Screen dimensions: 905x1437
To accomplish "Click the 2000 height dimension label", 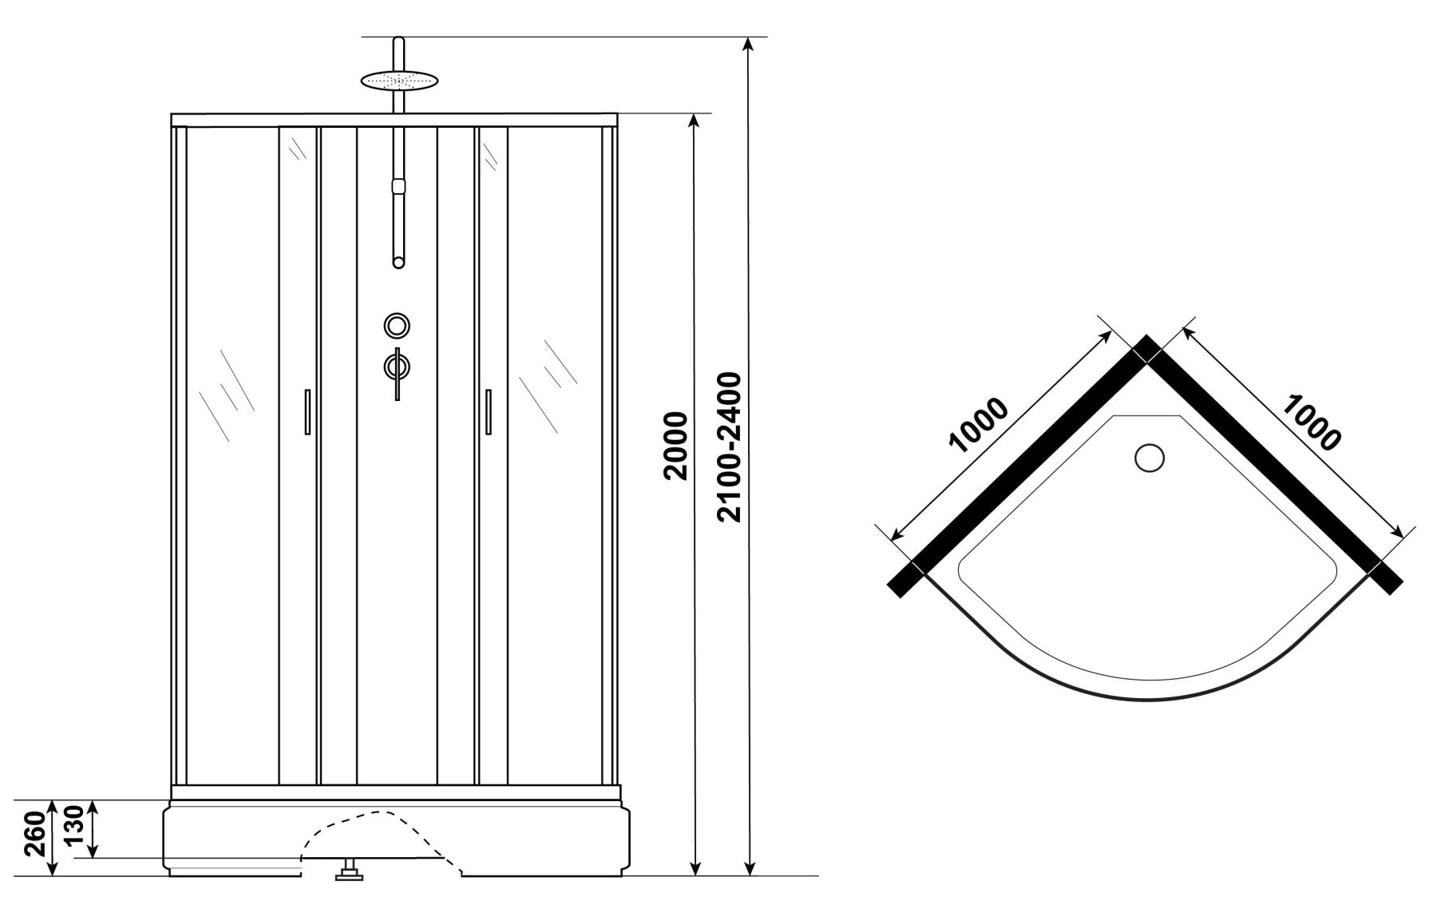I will pyautogui.click(x=675, y=445).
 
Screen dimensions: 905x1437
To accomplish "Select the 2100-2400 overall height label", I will pyautogui.click(x=730, y=447).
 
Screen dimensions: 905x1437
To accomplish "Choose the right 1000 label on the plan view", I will pyautogui.click(x=1311, y=423).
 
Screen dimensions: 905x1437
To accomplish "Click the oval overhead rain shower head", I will pyautogui.click(x=400, y=80).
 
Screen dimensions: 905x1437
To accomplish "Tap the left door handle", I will pyautogui.click(x=307, y=411).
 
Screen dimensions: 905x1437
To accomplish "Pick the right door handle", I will pyautogui.click(x=487, y=411).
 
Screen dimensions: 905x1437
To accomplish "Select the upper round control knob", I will pyautogui.click(x=397, y=325).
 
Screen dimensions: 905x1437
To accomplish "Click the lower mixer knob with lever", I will pyautogui.click(x=397, y=368).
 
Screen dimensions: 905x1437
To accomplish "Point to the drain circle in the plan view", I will pyautogui.click(x=1150, y=458).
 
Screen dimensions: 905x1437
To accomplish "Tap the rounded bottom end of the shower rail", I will pyautogui.click(x=398, y=260).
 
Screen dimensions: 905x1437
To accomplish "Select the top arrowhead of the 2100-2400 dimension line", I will pyautogui.click(x=749, y=44).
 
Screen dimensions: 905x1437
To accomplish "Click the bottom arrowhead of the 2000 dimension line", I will pyautogui.click(x=695, y=867).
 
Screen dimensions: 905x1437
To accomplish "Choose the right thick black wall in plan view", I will pyautogui.click(x=1273, y=467).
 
